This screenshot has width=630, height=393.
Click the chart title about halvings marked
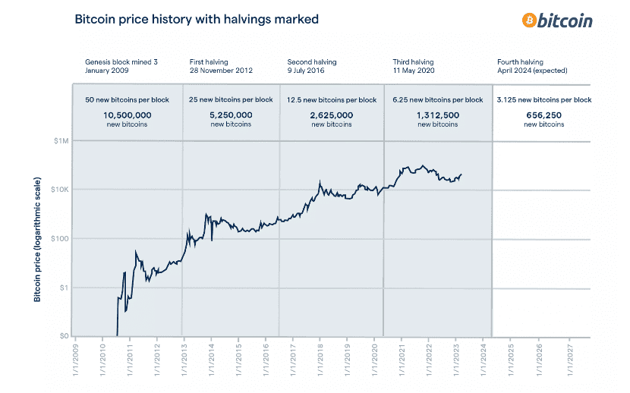coord(197,19)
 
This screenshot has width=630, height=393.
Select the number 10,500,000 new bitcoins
coord(128,115)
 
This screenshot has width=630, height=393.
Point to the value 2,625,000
coord(332,115)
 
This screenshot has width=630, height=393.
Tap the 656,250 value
coord(543,115)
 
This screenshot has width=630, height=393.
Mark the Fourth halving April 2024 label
coord(531,65)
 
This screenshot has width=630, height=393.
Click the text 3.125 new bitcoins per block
coord(543,100)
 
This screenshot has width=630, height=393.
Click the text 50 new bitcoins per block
coord(128,100)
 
